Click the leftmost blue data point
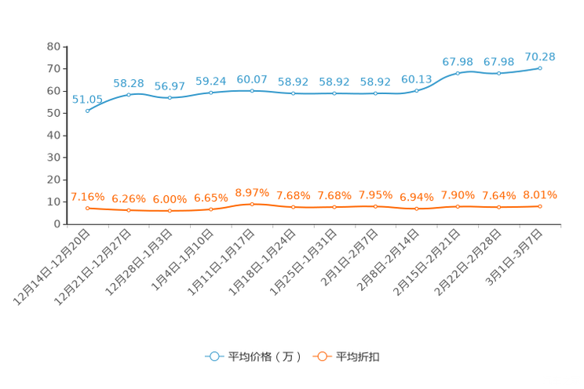[88, 111]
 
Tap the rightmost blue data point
[540, 68]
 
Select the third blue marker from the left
[170, 98]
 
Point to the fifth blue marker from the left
[252, 90]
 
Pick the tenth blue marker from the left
[458, 73]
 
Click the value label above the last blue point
[540, 56]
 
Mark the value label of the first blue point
[87, 100]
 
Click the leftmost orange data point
[88, 209]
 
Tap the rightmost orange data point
[540, 206]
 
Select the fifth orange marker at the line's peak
[252, 204]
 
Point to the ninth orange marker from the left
[417, 209]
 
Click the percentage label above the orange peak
[252, 191]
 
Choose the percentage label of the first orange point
[87, 197]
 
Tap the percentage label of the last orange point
[540, 194]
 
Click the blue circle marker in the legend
[214, 356]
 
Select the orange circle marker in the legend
[322, 356]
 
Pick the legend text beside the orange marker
[358, 357]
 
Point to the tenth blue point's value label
[458, 61]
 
